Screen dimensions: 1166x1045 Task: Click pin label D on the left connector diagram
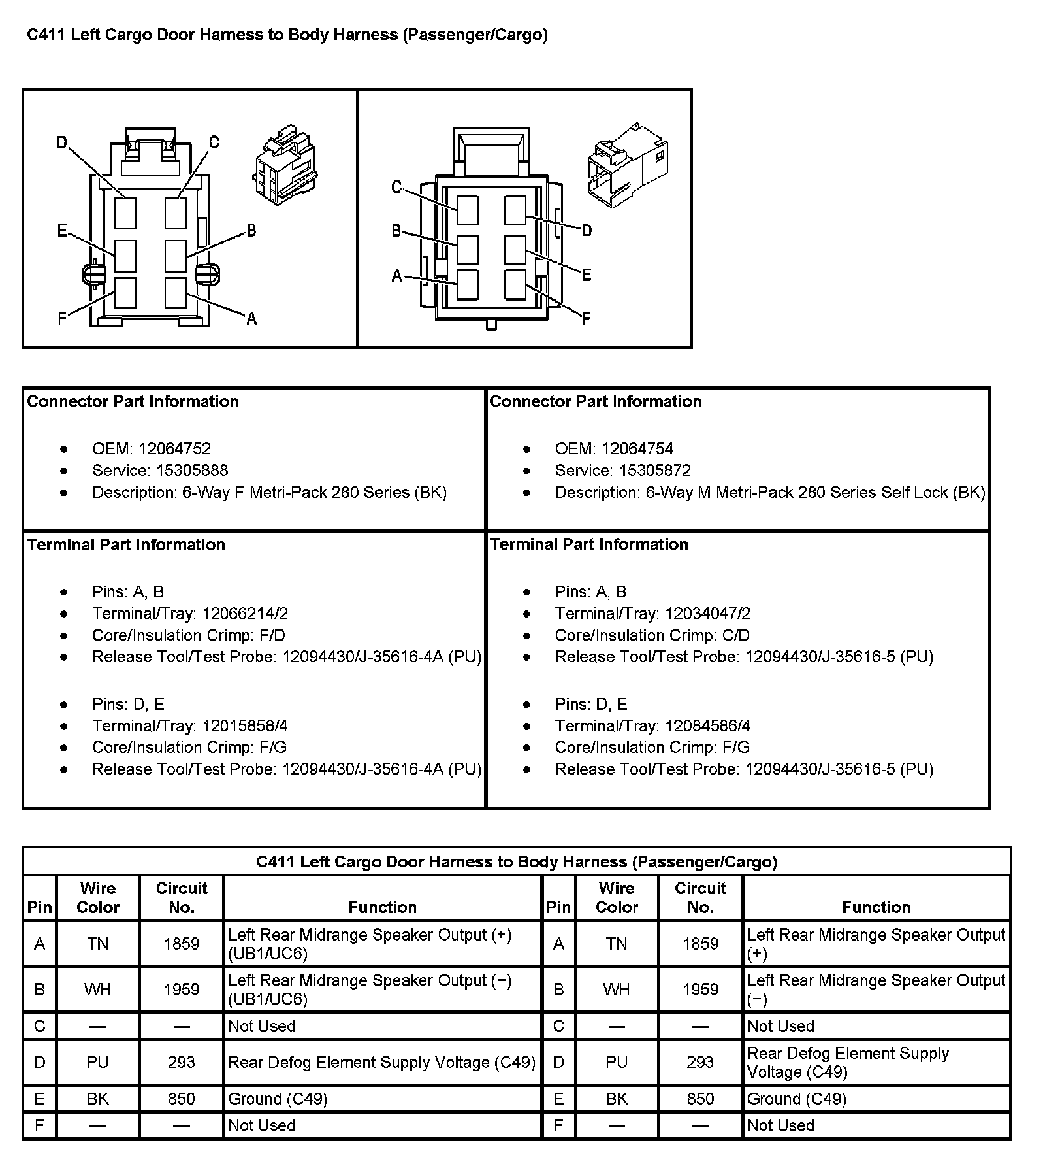point(62,142)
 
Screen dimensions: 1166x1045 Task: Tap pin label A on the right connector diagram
point(397,276)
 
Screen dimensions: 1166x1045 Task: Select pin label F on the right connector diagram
point(585,319)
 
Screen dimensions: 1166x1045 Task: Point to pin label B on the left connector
point(251,231)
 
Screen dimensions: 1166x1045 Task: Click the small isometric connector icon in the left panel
point(285,167)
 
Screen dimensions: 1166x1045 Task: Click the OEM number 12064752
point(174,448)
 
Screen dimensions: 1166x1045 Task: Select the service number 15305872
point(655,470)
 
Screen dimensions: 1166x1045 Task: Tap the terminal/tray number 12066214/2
point(245,613)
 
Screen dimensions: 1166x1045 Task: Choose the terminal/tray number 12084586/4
point(708,725)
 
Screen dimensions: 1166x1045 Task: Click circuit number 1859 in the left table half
point(182,943)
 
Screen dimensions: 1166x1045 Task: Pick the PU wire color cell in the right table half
point(617,1062)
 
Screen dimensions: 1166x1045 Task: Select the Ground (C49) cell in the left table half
point(278,1099)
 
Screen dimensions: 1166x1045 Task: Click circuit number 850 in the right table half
point(700,1099)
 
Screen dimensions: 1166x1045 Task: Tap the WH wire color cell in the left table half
point(98,989)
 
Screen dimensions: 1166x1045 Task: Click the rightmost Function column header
point(876,907)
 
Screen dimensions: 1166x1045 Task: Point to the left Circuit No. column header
point(182,897)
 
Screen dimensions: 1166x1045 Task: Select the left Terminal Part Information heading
point(126,544)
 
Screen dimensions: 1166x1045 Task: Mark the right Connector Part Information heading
point(596,401)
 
